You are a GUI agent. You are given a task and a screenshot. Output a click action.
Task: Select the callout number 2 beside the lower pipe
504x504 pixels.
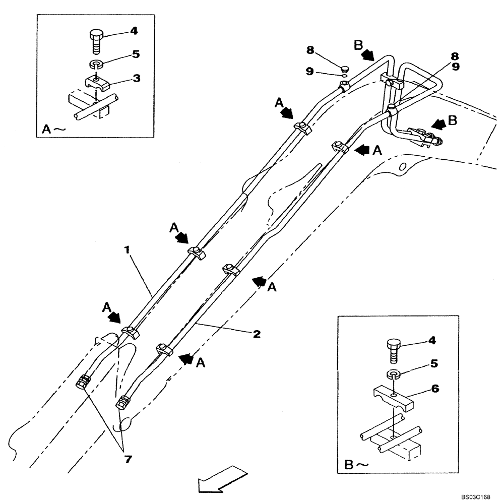click(x=257, y=334)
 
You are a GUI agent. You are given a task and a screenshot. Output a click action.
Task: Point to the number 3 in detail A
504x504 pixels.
click(x=137, y=79)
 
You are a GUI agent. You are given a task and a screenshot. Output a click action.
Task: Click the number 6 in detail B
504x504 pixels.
click(x=435, y=389)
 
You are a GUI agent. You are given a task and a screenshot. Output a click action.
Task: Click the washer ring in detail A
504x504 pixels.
click(x=96, y=65)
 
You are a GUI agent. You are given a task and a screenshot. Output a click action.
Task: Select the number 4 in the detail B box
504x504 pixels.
click(x=431, y=340)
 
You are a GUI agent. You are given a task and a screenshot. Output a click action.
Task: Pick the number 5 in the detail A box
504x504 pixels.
click(x=136, y=53)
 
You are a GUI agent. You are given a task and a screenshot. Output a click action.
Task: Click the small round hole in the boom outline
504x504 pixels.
click(x=402, y=166)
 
